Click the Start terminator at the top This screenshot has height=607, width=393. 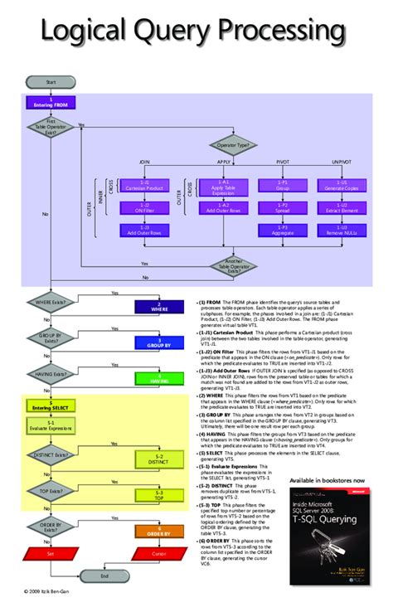[x=51, y=81]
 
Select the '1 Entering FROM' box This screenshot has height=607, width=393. [x=51, y=101]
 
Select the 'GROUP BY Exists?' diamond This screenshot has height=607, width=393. [x=51, y=340]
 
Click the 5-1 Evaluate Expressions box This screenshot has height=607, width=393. [x=51, y=425]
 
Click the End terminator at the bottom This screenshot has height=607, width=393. [x=104, y=575]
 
